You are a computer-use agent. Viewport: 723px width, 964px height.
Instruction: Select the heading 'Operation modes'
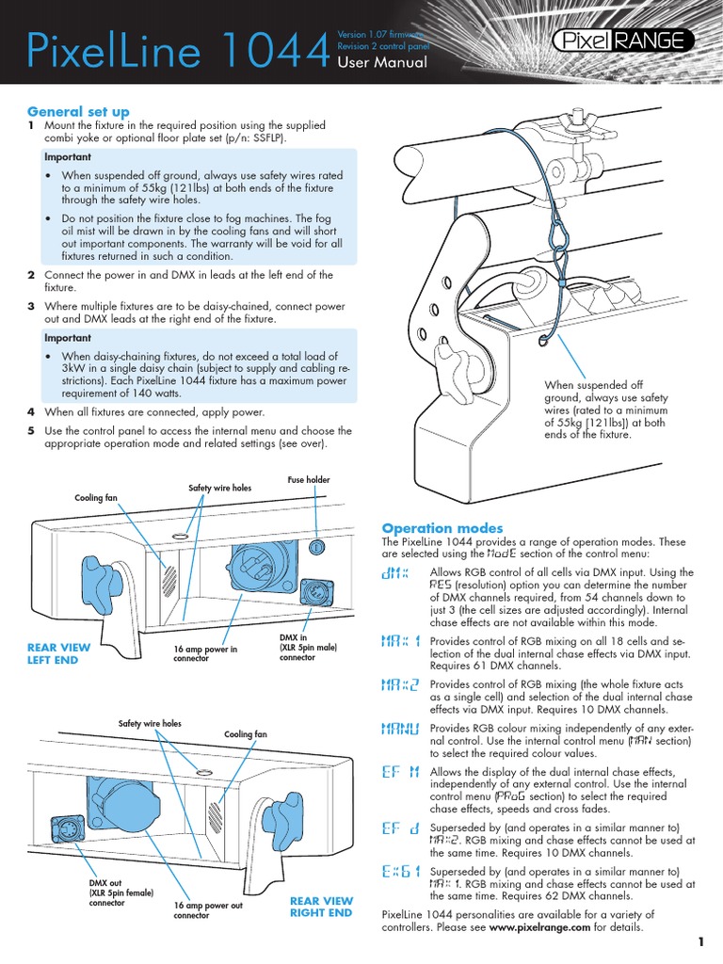click(442, 528)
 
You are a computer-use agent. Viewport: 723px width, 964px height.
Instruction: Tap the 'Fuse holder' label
click(309, 480)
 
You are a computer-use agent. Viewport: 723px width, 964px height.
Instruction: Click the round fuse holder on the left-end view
click(318, 547)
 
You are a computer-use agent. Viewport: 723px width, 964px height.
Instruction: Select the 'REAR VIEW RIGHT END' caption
click(321, 907)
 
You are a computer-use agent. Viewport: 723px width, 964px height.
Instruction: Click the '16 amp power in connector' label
click(205, 654)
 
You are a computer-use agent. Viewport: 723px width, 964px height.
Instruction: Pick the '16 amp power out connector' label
click(208, 909)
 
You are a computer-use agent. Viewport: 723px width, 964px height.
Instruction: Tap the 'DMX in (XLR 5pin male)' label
click(308, 648)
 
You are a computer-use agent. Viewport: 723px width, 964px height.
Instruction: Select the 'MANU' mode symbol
click(400, 729)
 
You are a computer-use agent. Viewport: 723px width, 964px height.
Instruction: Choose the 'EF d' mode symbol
click(400, 829)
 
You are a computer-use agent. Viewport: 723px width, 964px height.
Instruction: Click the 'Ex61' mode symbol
click(400, 873)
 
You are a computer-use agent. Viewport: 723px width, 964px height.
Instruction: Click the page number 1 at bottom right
click(701, 941)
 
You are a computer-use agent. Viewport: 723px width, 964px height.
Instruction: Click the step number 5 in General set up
click(31, 430)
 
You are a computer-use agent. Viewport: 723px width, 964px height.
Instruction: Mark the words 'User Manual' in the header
click(382, 63)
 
